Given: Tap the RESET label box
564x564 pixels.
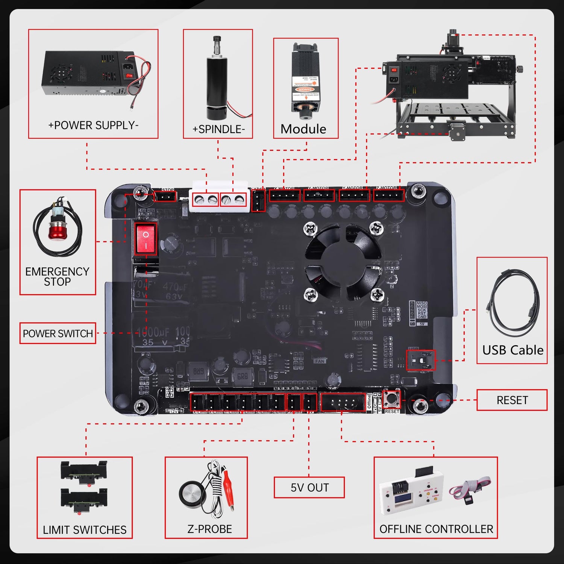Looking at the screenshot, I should [512, 400].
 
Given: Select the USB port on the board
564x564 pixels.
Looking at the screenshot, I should [421, 360].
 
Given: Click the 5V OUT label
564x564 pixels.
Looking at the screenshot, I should [309, 487].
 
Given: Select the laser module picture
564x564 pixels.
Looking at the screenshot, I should [305, 81].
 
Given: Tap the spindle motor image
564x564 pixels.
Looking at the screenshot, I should [217, 79].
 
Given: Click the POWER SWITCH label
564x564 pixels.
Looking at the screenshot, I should [58, 334].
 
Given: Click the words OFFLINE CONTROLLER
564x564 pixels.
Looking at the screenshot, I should [436, 529].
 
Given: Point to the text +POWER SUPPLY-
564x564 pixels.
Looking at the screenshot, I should [93, 125].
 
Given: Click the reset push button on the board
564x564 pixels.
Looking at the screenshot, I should [391, 399].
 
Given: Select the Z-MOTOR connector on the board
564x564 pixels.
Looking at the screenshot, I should [389, 196].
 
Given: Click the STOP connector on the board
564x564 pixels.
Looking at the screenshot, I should [165, 196].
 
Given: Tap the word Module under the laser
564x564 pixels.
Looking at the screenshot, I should [303, 129].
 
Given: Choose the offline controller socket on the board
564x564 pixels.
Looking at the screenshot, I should [343, 402].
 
